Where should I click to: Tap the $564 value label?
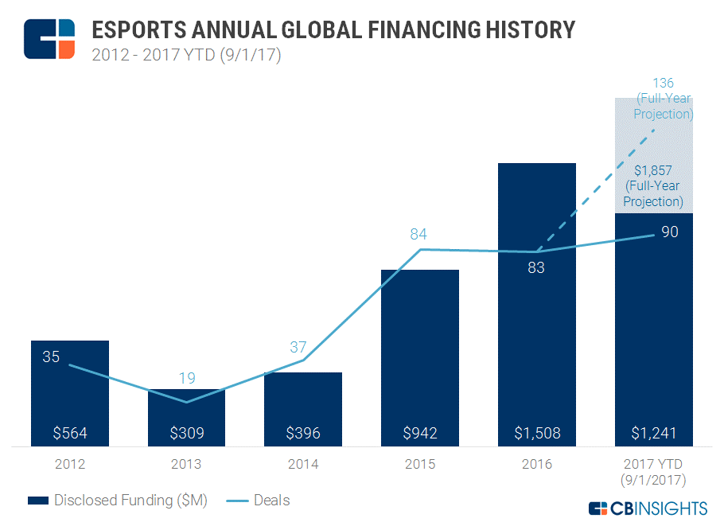point(70,434)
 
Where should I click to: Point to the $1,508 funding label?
point(536,434)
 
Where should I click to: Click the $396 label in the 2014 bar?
point(303,434)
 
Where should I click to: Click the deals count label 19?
point(186,378)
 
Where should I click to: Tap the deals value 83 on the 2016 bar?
point(536,267)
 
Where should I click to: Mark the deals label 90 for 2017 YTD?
point(670,232)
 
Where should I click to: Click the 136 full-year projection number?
point(663,83)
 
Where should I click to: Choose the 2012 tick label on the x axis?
point(70,464)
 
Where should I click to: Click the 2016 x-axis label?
point(536,464)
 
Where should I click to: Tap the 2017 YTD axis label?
point(653,464)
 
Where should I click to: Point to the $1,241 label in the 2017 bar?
point(653,434)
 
